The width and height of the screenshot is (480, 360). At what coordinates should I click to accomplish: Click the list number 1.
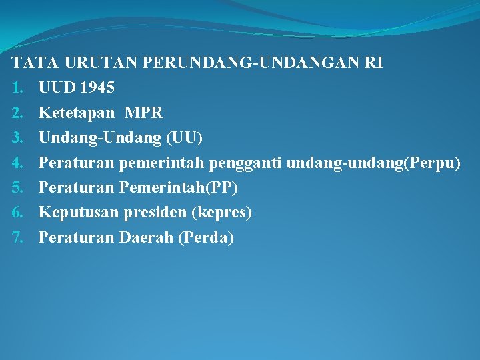pyautogui.click(x=18, y=87)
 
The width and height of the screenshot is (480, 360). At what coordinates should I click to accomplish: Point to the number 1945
pyautogui.click(x=97, y=87)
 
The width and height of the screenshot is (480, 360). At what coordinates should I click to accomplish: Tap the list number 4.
pyautogui.click(x=18, y=163)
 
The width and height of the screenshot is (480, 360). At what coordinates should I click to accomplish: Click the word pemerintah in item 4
pyautogui.click(x=163, y=163)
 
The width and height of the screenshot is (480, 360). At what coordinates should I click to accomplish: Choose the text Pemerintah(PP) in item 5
pyautogui.click(x=178, y=187)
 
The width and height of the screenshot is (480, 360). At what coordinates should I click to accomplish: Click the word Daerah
pyautogui.click(x=145, y=237)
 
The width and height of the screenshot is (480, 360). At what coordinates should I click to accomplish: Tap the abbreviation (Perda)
pyautogui.click(x=206, y=237)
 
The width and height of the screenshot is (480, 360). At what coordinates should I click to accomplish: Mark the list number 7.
pyautogui.click(x=18, y=237)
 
